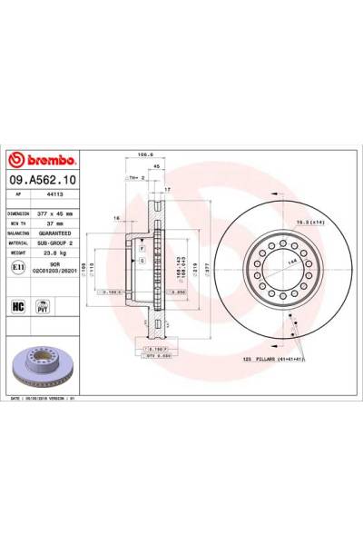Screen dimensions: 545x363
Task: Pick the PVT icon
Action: (x=41, y=307)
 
